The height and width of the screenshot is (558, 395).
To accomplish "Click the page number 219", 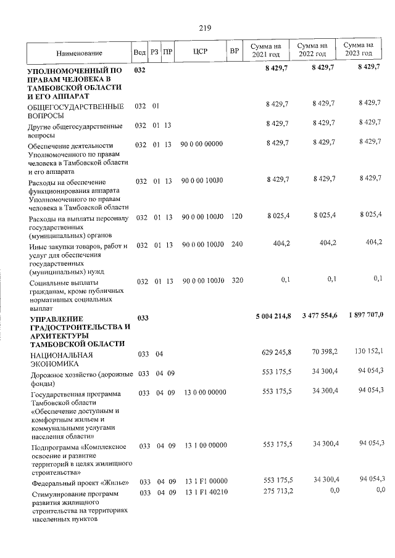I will (205, 28).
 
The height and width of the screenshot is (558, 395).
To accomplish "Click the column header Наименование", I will (79, 54).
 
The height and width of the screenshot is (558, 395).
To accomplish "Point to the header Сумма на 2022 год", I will (312, 50).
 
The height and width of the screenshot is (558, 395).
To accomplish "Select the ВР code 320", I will (236, 281).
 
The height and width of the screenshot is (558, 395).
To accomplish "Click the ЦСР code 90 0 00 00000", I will (202, 144).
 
